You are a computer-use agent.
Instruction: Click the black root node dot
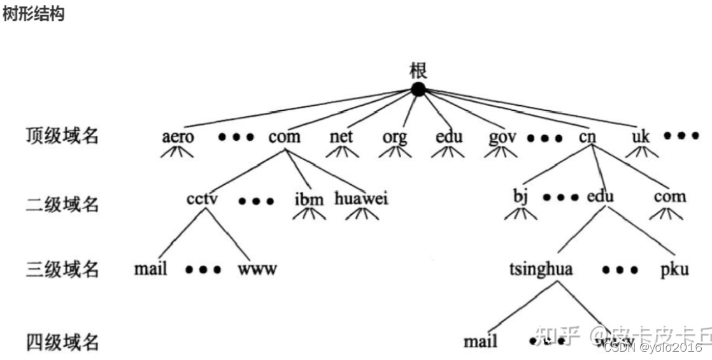[418, 90]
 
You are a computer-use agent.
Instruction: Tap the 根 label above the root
[418, 69]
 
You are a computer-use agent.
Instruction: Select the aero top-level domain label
[178, 137]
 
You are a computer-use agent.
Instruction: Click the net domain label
[341, 136]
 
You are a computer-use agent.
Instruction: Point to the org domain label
[394, 137]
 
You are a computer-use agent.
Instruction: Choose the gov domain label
[502, 137]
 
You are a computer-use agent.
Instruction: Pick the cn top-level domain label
[587, 136]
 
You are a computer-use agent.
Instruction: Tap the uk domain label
[640, 136]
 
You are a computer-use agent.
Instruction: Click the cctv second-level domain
[203, 198]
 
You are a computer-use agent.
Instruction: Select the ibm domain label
[309, 199]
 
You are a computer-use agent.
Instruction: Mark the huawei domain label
[361, 198]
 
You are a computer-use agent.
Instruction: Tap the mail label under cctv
[151, 269]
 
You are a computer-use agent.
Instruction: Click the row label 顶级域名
[62, 136]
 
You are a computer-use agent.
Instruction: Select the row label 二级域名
[62, 205]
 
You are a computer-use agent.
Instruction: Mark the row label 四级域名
[62, 342]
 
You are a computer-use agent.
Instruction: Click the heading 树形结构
[33, 15]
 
